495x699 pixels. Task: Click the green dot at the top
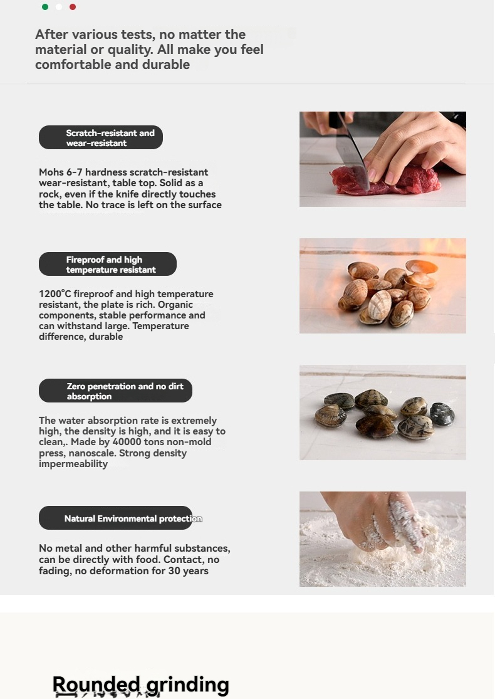coord(45,7)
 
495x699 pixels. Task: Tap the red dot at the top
coord(73,7)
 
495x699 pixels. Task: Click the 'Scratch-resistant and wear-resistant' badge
coord(101,137)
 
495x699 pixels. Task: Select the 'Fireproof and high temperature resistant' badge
coord(108,264)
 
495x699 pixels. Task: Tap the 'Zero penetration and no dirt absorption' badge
coord(115,391)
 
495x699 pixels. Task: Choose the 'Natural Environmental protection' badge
coord(115,518)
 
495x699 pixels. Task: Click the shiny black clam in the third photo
coord(442,414)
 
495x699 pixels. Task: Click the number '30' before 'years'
coord(174,570)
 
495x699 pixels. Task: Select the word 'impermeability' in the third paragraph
coord(73,464)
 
